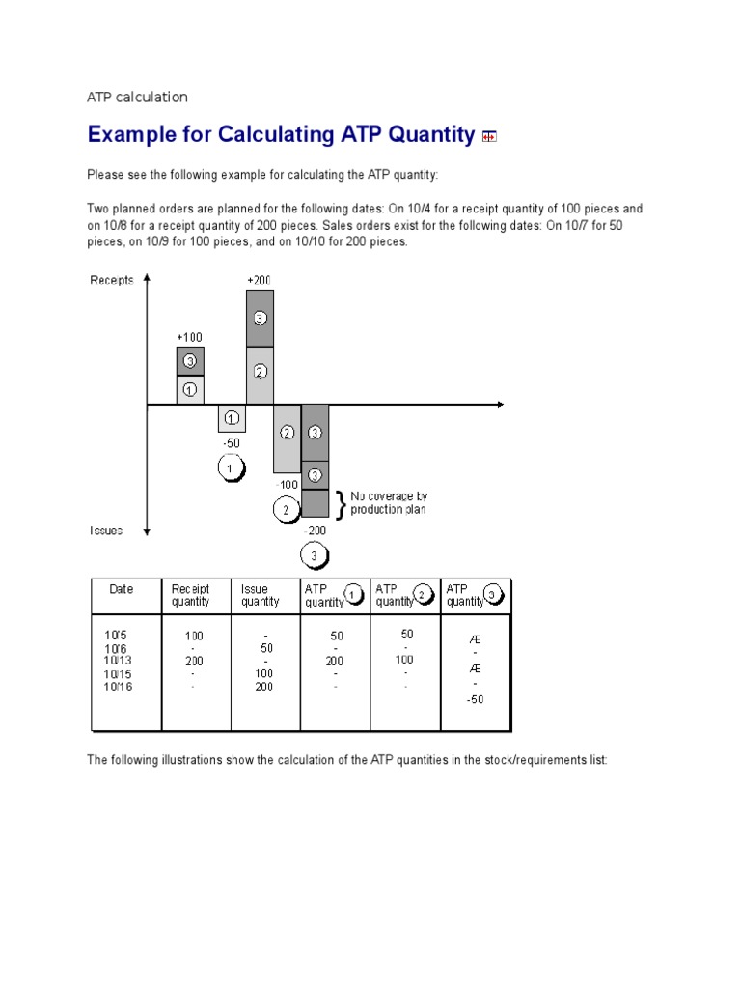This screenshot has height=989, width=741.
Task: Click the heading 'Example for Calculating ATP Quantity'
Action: tap(280, 135)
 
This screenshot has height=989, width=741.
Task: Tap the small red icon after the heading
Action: tap(489, 137)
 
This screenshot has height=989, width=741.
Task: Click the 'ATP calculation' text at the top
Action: tap(137, 97)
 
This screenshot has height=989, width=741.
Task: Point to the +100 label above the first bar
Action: tap(189, 337)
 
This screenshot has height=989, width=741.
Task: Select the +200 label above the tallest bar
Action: tap(259, 280)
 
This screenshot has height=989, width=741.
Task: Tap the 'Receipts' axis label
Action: tap(112, 280)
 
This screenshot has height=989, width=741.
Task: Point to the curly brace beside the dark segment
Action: tap(340, 503)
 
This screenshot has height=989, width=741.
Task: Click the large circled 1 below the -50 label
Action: tap(231, 469)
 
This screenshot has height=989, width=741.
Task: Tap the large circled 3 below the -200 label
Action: tap(315, 556)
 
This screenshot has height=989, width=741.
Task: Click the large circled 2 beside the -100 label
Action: tap(286, 509)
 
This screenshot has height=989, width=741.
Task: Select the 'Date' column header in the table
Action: tap(122, 589)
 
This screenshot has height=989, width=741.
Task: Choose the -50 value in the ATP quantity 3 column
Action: tap(475, 699)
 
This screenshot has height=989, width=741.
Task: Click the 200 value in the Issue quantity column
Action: tap(263, 687)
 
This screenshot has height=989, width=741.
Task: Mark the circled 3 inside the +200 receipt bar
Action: tap(260, 318)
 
